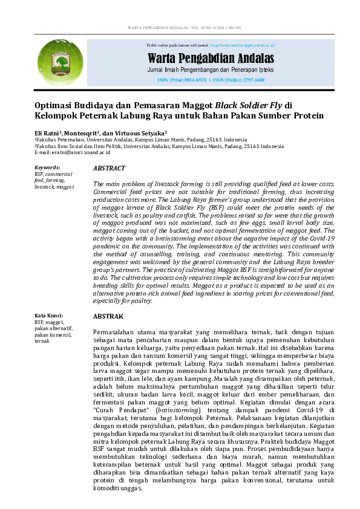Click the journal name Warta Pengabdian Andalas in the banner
point(211,59)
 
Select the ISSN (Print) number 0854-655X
point(193,80)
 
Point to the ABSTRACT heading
point(110,168)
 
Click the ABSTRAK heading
point(108,316)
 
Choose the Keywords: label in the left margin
point(47,167)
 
